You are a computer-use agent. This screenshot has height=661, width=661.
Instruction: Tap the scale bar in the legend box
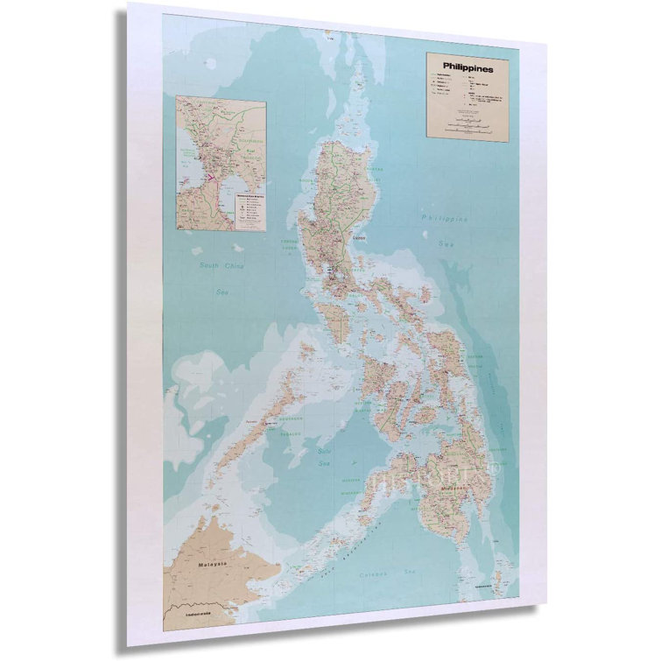coord(468,128)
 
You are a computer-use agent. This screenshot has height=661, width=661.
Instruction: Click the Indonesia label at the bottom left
coord(200,614)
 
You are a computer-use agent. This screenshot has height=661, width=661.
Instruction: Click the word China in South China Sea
coord(235,265)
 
